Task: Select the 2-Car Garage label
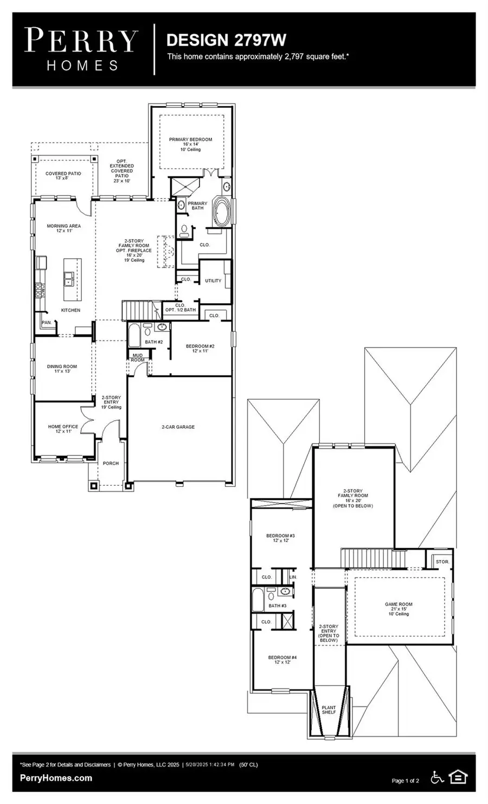click(x=178, y=427)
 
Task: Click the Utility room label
click(x=213, y=281)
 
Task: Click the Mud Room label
click(x=138, y=358)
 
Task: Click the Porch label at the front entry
click(x=111, y=464)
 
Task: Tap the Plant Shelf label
click(x=329, y=710)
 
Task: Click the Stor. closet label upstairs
click(x=442, y=562)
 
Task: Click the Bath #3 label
click(x=277, y=606)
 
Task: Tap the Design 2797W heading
click(x=226, y=40)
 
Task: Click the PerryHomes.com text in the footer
click(x=56, y=778)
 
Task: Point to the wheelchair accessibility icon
click(x=436, y=777)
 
